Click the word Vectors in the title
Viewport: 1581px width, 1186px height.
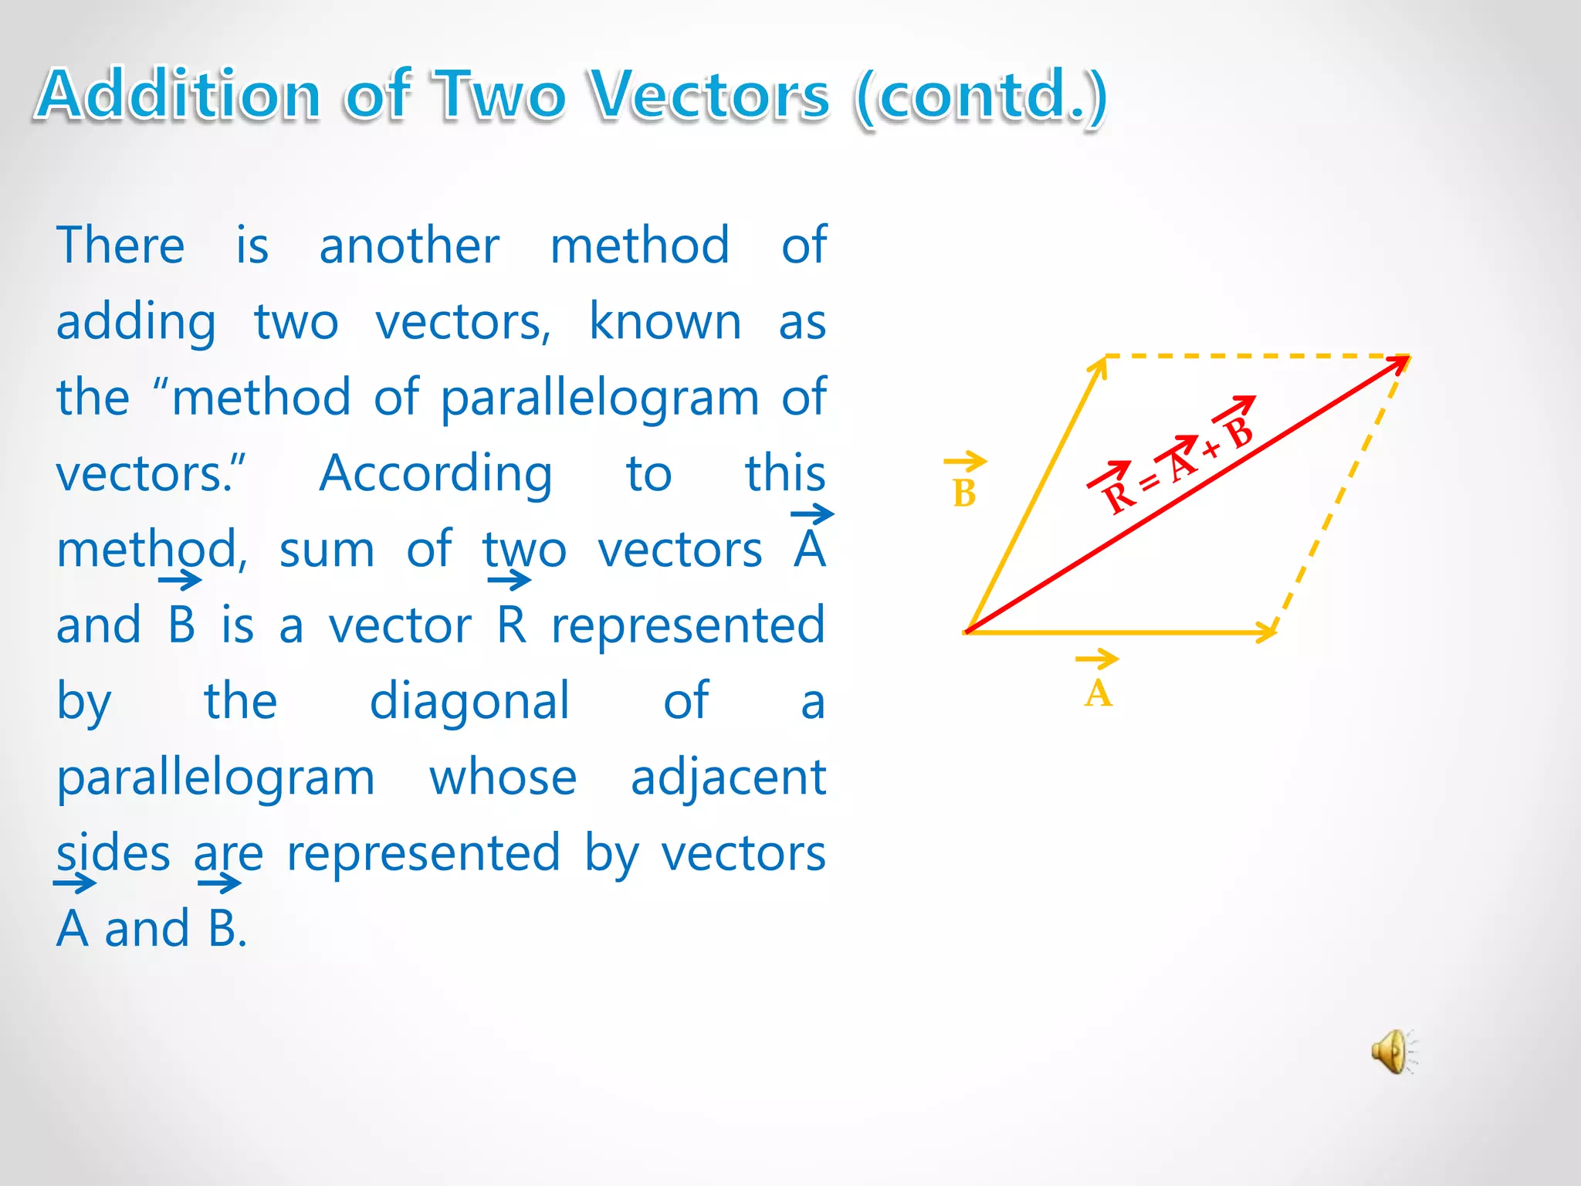pos(709,96)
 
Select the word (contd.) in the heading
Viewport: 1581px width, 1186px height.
pos(981,96)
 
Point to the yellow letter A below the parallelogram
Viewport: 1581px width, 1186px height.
pos(1098,693)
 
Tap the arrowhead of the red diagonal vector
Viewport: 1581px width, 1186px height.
pos(1400,362)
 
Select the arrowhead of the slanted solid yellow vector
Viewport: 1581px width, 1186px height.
pos(1099,366)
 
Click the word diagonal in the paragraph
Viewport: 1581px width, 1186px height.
pos(469,701)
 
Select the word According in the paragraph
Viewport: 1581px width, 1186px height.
pos(436,473)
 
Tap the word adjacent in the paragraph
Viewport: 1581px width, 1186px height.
pos(728,778)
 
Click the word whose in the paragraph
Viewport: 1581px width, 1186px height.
pos(503,778)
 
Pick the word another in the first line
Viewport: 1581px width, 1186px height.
pos(409,246)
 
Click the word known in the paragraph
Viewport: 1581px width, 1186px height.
pos(665,321)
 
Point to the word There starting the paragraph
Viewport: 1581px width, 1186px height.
pos(120,246)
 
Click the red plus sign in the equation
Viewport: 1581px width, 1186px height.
pos(1211,449)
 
